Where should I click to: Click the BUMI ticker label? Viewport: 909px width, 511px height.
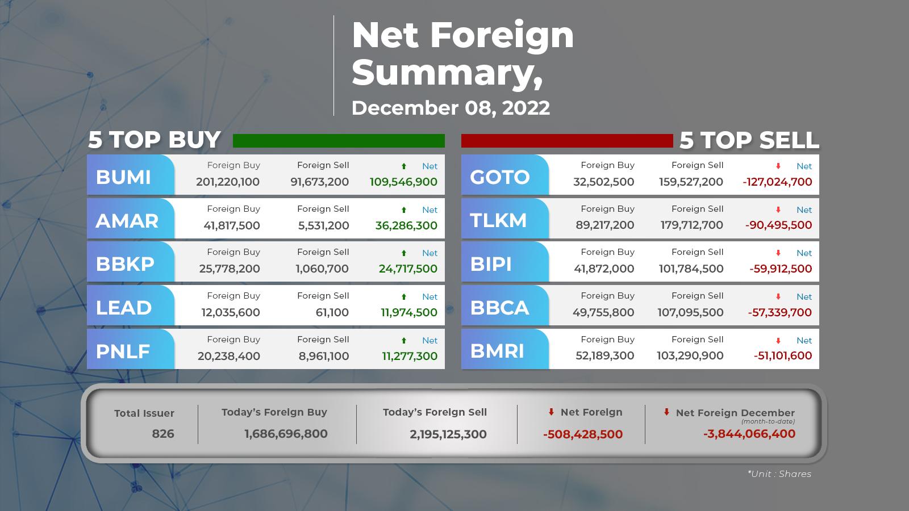(123, 177)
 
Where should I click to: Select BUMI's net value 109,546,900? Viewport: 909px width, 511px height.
(403, 182)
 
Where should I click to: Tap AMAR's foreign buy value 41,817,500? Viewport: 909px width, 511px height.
(232, 225)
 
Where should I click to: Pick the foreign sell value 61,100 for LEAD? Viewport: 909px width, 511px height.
(332, 312)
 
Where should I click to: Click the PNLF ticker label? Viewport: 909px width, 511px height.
(123, 351)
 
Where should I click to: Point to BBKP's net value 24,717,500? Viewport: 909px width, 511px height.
(408, 269)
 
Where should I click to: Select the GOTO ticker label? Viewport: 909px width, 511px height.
(499, 177)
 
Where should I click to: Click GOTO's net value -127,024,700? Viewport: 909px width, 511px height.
(777, 182)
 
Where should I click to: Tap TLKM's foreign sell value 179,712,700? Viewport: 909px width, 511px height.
(691, 225)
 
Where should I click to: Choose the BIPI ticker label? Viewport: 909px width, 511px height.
(491, 264)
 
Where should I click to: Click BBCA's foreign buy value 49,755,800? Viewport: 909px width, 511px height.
(603, 312)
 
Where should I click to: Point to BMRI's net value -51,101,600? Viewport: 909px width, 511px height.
(783, 355)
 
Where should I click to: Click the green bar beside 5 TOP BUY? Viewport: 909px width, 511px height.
(339, 141)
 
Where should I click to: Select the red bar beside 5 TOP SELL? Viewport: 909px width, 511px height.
(567, 141)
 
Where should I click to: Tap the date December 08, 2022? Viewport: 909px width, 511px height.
(451, 108)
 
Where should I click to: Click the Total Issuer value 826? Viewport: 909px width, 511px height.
(162, 434)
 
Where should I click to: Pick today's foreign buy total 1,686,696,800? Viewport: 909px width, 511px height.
(286, 434)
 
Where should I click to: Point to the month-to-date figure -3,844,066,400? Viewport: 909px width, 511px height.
(749, 434)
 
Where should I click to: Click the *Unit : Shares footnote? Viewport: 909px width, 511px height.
(779, 474)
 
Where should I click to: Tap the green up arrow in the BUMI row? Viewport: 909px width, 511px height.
(404, 166)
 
